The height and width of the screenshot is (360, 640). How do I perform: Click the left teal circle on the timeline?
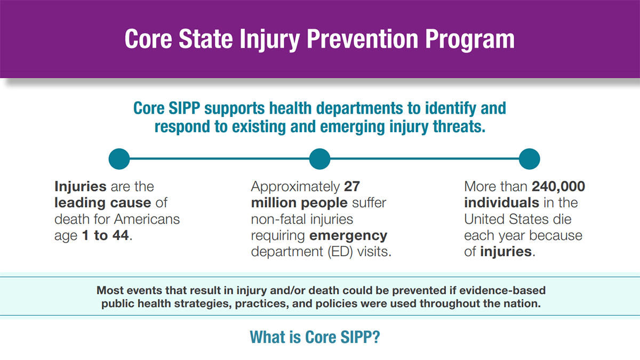click(x=119, y=159)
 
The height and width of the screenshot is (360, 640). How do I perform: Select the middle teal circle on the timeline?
click(x=320, y=159)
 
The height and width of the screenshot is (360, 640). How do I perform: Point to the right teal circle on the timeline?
click(x=529, y=159)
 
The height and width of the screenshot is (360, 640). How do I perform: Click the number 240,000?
click(x=558, y=187)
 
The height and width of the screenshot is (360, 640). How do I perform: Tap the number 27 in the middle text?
click(x=353, y=187)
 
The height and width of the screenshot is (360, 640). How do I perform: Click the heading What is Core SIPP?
click(x=315, y=338)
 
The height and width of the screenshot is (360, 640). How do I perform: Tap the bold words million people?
click(x=299, y=203)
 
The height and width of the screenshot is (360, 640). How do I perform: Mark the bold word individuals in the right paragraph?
click(x=501, y=203)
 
